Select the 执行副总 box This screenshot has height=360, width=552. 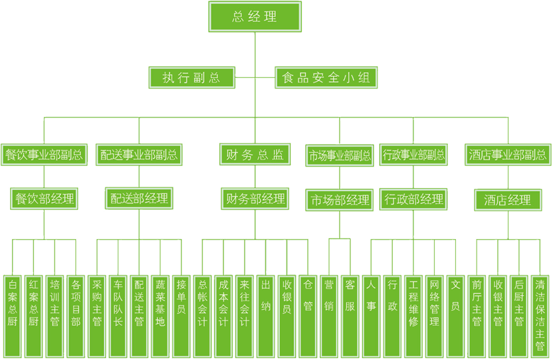tap(191, 77)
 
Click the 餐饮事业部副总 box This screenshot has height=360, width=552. tap(44, 155)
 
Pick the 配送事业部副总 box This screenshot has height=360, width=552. tap(139, 155)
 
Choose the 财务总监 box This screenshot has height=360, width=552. tap(255, 155)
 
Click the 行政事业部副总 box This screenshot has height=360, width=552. tap(413, 155)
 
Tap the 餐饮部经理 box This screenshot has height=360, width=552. tap(44, 198)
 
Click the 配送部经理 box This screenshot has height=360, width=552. tap(139, 198)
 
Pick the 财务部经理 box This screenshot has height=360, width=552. tap(255, 198)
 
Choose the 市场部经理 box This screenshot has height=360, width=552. tap(339, 199)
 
